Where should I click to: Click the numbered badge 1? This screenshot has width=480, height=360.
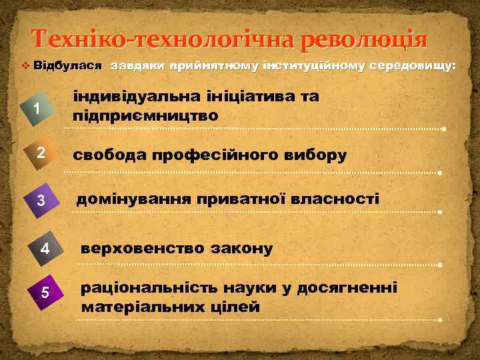[38, 109]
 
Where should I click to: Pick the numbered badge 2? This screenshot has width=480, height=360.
[41, 153]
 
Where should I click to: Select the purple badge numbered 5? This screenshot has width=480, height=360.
[45, 292]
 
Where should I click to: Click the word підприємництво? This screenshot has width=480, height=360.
[145, 115]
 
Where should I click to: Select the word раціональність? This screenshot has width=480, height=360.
[146, 288]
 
